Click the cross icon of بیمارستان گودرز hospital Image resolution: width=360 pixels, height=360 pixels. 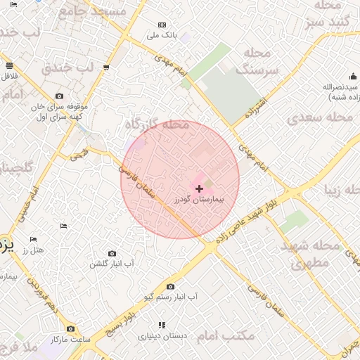200,188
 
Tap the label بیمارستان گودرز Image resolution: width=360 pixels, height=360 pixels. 200,200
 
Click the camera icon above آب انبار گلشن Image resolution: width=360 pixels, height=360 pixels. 112,253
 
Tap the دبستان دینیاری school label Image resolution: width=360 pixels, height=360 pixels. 162,336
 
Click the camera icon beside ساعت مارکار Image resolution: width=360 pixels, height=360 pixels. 70,328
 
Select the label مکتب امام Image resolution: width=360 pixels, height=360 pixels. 226,335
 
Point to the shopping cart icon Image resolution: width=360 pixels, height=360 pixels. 105,68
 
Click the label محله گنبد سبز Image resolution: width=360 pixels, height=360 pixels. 328,14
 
